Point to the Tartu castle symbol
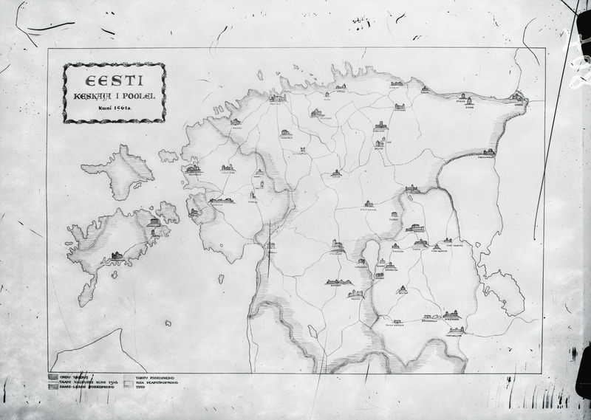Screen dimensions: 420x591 420,243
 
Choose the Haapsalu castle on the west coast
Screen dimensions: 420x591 194,171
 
